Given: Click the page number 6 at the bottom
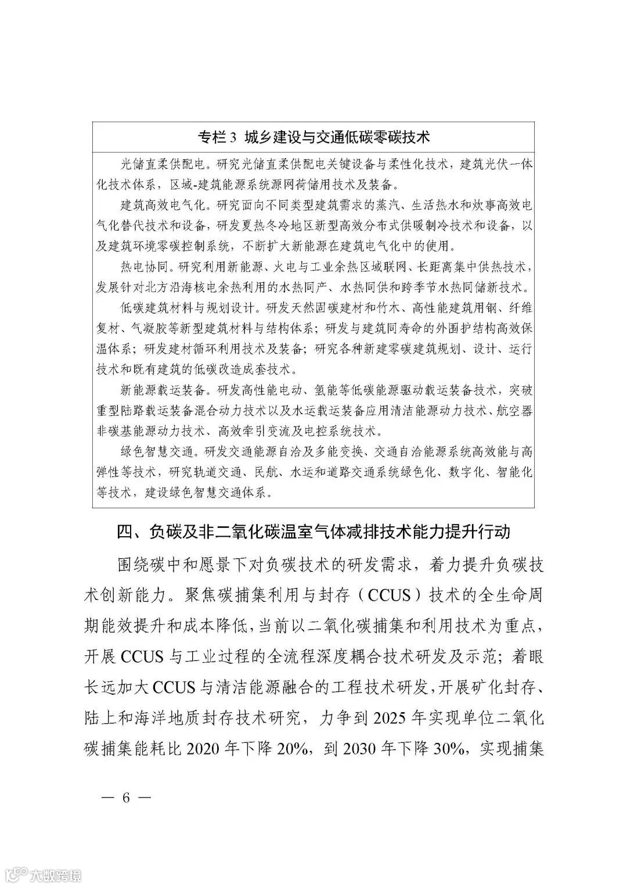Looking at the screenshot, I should [x=125, y=796].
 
